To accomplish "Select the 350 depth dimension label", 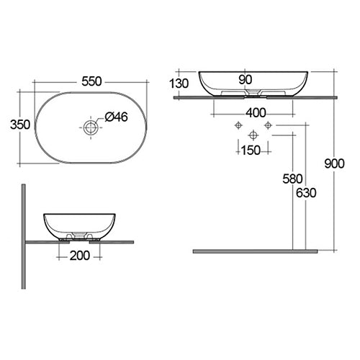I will click(x=20, y=125).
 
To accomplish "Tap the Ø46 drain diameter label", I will click(x=116, y=117).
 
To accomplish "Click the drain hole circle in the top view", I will click(x=90, y=128).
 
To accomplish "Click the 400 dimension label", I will click(x=255, y=112).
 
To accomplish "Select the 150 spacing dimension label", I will click(x=252, y=150).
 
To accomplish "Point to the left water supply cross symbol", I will click(x=237, y=125).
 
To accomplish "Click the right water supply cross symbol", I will click(x=268, y=125).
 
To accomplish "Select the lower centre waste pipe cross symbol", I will click(x=252, y=135).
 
